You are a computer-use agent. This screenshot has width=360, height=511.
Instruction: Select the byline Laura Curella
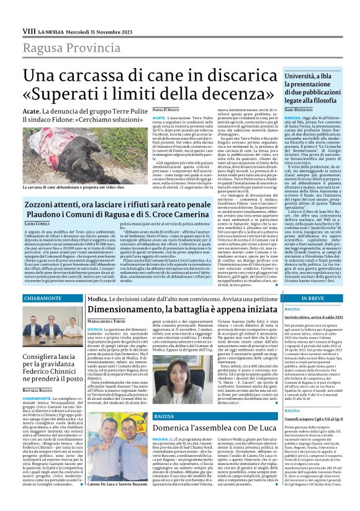click(x=38, y=222)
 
